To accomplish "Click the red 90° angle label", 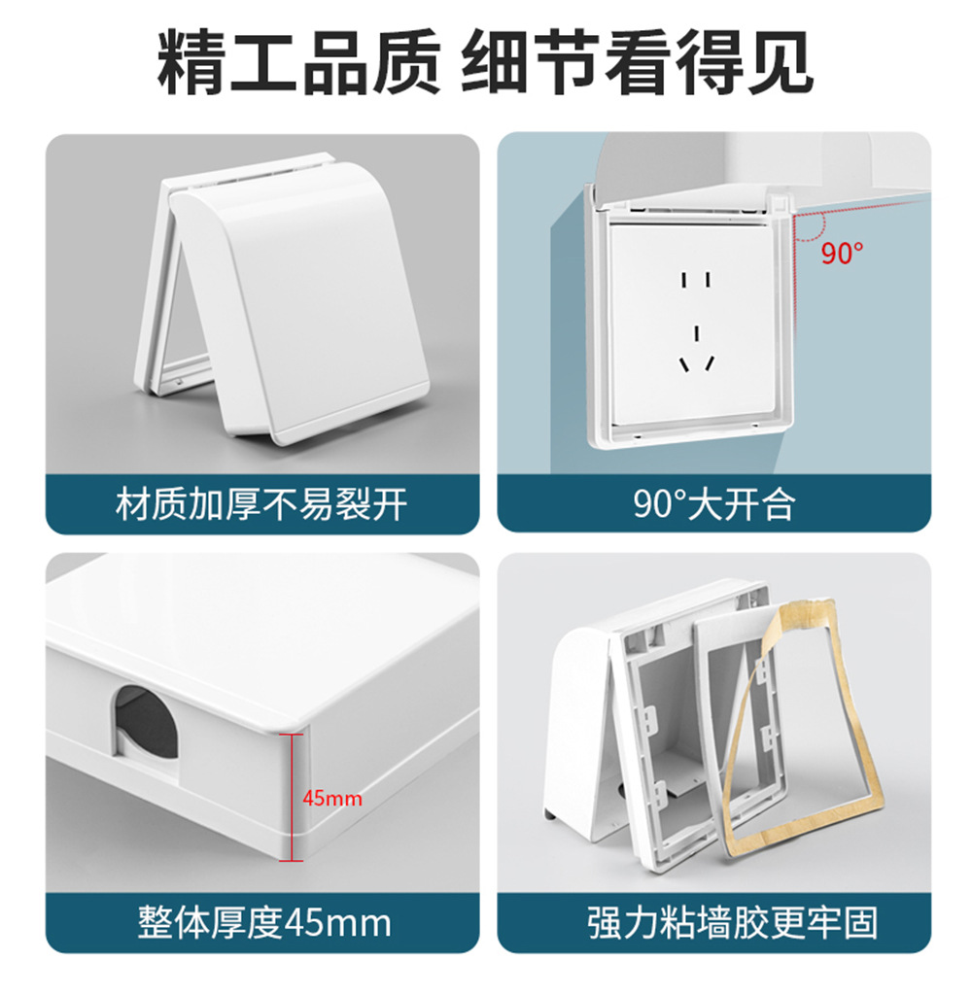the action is coord(842,254).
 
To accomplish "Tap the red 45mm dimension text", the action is coord(332,798).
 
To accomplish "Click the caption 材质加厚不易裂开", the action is coord(261,505).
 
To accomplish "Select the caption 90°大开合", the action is coord(714,505).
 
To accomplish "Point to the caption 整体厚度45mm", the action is coord(264,923).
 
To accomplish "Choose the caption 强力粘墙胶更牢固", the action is coord(733,923).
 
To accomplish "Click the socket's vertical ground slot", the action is coord(697,334).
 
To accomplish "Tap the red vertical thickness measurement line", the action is coord(292,797).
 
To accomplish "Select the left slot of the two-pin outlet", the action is coord(684,280).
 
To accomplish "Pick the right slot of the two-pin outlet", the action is coord(709,280).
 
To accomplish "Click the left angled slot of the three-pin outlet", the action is coord(684,365).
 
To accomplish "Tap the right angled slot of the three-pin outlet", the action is coord(710,363).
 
